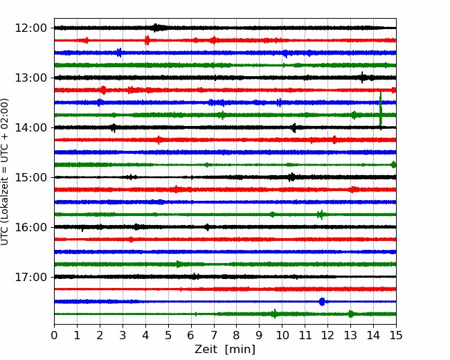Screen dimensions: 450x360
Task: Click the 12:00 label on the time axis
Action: [30, 28]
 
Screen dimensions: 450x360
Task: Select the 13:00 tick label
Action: [30, 78]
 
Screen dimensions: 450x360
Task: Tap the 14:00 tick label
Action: [30, 127]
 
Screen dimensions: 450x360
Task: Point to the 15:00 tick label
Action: [30, 177]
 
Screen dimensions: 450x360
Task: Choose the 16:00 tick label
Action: [30, 227]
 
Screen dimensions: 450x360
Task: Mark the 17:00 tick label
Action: [30, 277]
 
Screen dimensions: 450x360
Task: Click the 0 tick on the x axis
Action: [54, 335]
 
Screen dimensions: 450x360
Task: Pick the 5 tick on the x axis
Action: [168, 335]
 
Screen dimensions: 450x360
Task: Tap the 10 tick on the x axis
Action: [282, 335]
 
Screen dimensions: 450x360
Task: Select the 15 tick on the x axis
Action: [396, 335]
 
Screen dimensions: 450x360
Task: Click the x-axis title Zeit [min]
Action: [225, 350]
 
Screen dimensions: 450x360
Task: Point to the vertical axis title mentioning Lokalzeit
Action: [4, 172]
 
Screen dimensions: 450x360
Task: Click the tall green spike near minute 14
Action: [381, 111]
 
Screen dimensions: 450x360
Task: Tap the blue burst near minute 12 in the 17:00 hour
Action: [322, 301]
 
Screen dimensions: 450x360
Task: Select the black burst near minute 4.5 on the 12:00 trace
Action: [156, 28]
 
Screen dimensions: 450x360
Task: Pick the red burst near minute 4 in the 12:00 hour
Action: [147, 40]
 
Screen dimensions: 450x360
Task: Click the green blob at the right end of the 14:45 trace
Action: [393, 165]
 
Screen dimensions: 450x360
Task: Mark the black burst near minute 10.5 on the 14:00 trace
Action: [294, 128]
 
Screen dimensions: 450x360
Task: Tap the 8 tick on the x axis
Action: [237, 335]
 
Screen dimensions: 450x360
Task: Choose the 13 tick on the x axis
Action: [350, 335]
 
